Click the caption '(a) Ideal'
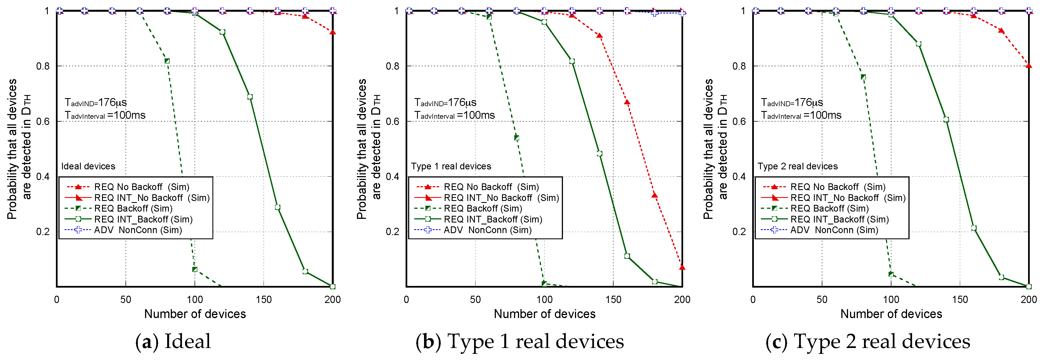pyautogui.click(x=173, y=341)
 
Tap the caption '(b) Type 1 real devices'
pyautogui.click(x=520, y=341)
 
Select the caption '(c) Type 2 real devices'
pyautogui.click(x=868, y=341)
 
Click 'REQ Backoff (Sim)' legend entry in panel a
pyautogui.click(x=133, y=209)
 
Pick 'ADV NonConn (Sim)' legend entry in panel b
pyautogui.click(x=487, y=230)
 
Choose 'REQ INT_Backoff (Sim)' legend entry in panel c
pyautogui.click(x=839, y=219)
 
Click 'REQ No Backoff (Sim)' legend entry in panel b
pyautogui.click(x=491, y=187)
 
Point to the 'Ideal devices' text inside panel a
pyautogui.click(x=88, y=166)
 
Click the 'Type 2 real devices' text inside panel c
pyautogui.click(x=797, y=166)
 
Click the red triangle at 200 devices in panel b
pyautogui.click(x=682, y=267)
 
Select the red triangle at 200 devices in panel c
pyautogui.click(x=1029, y=65)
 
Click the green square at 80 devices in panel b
pyautogui.click(x=516, y=138)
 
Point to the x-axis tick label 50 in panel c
pyautogui.click(x=822, y=300)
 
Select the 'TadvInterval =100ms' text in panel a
pyautogui.click(x=105, y=115)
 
